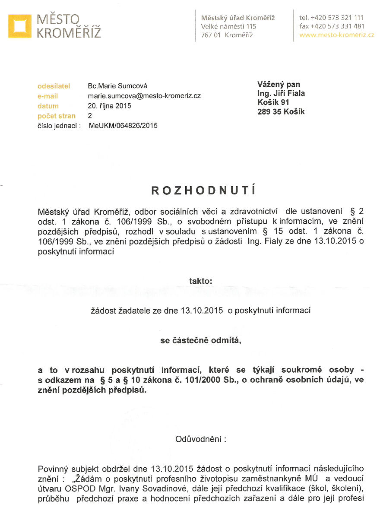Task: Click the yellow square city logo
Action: [20, 26]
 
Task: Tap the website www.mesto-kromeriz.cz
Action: [336, 35]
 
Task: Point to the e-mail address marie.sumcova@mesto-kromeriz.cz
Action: [144, 96]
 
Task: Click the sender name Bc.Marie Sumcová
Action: [114, 86]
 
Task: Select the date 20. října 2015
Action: [109, 106]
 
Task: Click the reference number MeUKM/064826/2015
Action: [123, 126]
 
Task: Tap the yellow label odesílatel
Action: [54, 86]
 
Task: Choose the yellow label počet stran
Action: [57, 116]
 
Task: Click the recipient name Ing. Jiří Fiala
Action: [281, 93]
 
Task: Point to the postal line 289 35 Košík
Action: [281, 111]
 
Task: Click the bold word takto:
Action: [201, 281]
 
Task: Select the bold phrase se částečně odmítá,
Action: [201, 340]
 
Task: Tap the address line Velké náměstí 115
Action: [229, 26]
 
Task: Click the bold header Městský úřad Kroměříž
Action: [238, 18]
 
